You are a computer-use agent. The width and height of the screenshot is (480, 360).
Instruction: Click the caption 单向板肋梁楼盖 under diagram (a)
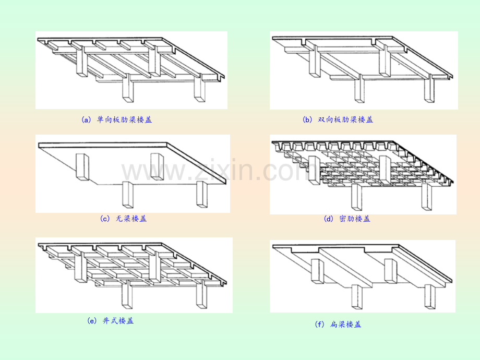(x=124, y=119)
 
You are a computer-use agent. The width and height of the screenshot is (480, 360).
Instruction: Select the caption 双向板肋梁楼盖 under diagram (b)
(x=345, y=119)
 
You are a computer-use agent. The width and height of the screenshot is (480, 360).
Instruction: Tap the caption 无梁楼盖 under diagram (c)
(x=131, y=219)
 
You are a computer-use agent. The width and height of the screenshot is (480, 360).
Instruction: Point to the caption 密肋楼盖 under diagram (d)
(x=355, y=219)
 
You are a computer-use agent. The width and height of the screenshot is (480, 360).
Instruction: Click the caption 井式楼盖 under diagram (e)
(x=118, y=321)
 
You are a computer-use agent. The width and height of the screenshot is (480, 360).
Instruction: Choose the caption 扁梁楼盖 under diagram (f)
(x=345, y=324)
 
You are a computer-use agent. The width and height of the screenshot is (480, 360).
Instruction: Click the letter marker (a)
(x=86, y=119)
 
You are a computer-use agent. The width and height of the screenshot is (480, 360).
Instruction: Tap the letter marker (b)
(x=307, y=119)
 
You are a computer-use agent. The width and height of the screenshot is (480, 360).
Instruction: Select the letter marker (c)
(x=105, y=219)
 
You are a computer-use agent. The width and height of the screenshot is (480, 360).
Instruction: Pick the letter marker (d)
(x=329, y=219)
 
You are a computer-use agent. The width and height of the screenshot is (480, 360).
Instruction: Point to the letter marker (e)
(x=92, y=321)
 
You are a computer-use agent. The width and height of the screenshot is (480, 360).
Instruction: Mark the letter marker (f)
(x=319, y=325)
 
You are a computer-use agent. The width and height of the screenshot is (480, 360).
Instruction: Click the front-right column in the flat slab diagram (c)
(x=202, y=195)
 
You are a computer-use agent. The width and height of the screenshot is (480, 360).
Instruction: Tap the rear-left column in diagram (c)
(x=82, y=167)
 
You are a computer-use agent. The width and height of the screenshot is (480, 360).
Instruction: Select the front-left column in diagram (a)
(x=128, y=89)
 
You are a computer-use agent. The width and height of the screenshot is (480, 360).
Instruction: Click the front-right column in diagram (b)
(x=429, y=89)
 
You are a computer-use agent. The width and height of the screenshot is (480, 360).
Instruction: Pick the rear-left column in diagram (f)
(x=317, y=271)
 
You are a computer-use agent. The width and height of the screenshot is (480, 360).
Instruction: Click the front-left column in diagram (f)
(x=357, y=297)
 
